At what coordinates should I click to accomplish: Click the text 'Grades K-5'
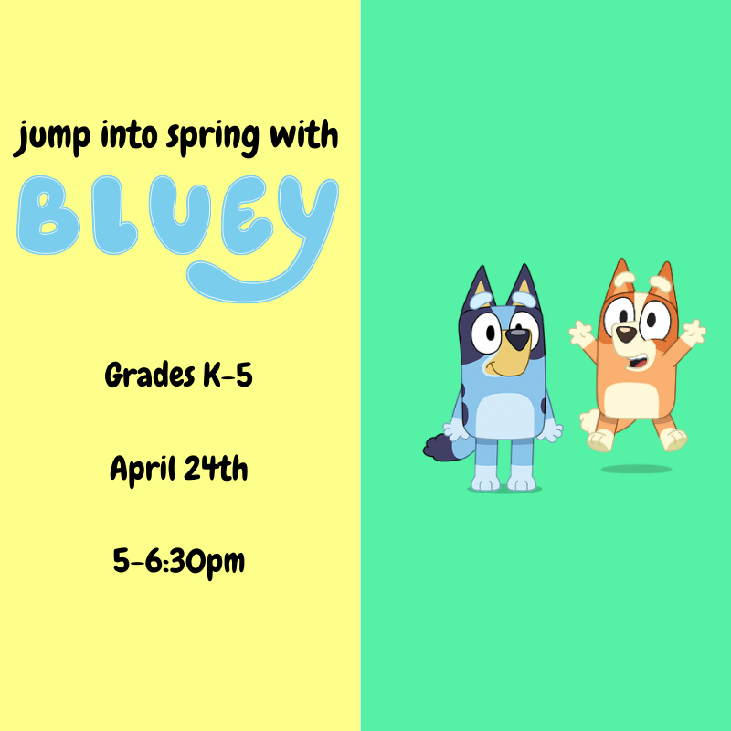(x=178, y=375)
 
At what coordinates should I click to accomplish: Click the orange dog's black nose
(x=626, y=333)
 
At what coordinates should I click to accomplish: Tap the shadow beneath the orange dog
(x=637, y=469)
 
